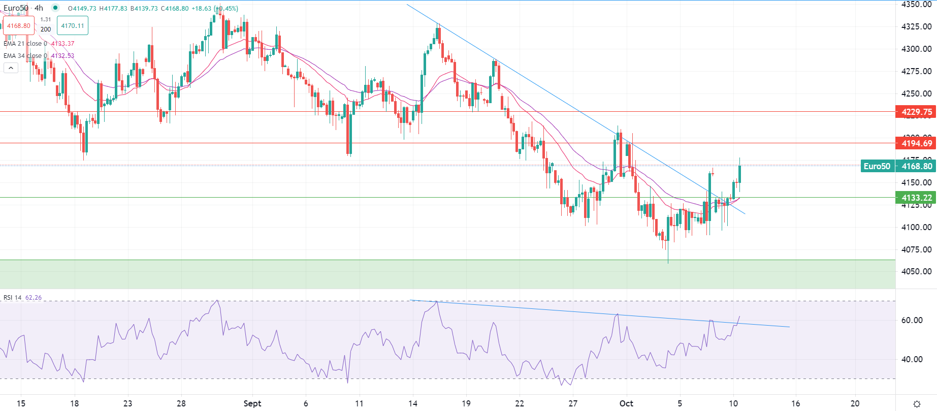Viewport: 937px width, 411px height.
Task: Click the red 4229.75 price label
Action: [916, 112]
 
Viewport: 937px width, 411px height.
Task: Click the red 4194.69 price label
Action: [916, 143]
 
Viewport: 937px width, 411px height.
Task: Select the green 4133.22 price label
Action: [916, 198]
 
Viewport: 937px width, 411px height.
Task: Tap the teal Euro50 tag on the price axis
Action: [877, 166]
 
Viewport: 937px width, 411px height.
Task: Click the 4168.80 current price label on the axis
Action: [916, 166]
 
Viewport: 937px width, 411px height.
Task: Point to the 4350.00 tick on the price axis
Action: [916, 5]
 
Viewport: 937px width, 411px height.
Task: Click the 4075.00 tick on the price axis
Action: [916, 249]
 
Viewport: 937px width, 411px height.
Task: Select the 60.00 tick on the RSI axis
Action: [912, 320]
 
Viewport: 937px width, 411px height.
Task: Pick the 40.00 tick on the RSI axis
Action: [912, 359]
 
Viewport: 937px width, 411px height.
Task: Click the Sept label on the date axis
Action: [252, 403]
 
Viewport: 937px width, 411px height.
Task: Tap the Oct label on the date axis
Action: [626, 403]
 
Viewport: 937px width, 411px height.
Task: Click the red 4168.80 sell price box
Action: [19, 26]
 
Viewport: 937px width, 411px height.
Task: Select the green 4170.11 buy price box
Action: [72, 26]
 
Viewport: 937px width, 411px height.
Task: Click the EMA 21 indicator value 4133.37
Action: [62, 44]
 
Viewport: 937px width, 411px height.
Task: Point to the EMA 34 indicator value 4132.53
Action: [62, 56]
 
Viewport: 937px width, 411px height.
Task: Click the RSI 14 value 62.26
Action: [34, 298]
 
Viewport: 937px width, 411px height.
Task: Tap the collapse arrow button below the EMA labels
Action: [11, 68]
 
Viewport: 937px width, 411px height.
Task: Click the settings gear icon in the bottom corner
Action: [917, 404]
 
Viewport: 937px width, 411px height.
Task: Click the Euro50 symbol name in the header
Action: [16, 8]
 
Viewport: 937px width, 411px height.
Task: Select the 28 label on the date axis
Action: [181, 403]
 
